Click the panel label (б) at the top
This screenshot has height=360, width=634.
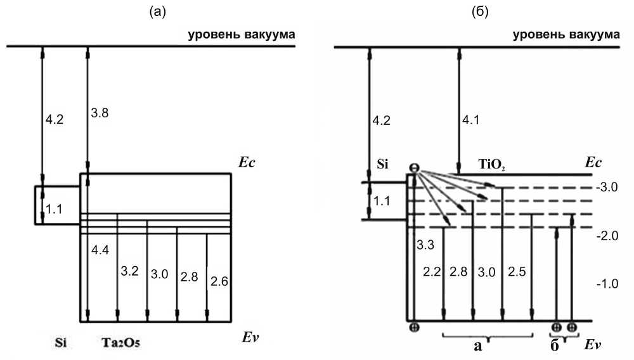pos(480,11)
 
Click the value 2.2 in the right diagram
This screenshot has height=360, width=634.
pos(431,273)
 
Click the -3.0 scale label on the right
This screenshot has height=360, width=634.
pos(607,188)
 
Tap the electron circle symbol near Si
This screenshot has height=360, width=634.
pos(413,168)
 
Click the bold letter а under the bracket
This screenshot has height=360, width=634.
pos(479,345)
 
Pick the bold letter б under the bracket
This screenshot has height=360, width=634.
pos(555,345)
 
